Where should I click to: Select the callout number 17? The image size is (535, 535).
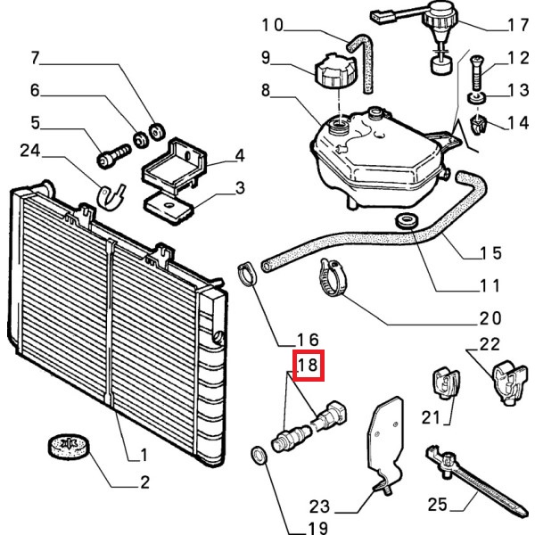516,25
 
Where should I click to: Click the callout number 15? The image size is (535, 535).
490,252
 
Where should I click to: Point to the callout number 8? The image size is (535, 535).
265,90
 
